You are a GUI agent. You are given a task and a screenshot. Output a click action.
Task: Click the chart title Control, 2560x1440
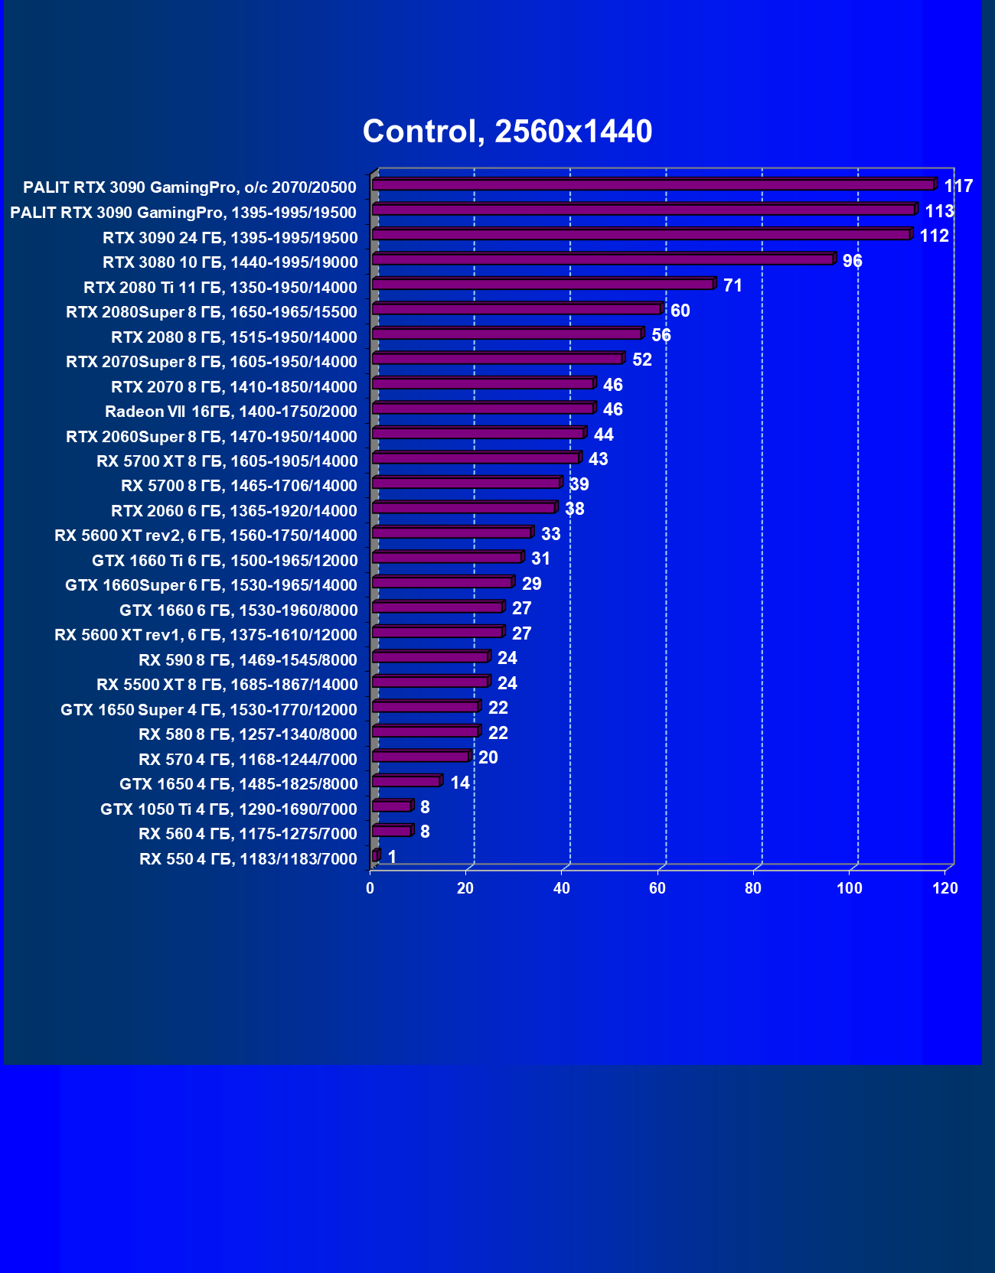[507, 132]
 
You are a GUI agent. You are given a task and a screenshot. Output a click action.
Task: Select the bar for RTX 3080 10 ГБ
[602, 259]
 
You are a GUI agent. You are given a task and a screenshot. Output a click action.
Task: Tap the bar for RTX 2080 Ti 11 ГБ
[543, 285]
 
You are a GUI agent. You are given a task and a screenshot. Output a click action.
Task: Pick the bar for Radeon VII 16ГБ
[483, 409]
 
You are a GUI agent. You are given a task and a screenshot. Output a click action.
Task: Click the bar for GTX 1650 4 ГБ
[406, 781]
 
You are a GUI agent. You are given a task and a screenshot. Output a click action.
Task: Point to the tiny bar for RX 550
[375, 856]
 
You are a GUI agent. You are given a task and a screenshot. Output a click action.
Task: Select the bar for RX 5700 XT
[475, 458]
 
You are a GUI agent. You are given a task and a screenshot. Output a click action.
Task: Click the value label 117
[958, 186]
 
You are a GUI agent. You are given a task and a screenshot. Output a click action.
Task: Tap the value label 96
[852, 261]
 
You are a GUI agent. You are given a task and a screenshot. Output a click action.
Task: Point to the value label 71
[732, 285]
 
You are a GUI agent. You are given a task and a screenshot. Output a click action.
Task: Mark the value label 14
[459, 783]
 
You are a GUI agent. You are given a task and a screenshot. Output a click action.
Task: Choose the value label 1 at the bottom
[392, 857]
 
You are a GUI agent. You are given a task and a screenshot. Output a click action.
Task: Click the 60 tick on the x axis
[657, 888]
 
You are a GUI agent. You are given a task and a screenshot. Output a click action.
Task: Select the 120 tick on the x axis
[945, 888]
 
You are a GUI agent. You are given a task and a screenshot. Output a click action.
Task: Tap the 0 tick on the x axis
[370, 888]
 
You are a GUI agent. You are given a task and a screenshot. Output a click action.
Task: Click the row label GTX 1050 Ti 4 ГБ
[229, 809]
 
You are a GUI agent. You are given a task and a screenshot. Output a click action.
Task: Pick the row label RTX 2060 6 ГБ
[234, 511]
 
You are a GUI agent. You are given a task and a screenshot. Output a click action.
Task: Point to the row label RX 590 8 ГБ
[248, 659]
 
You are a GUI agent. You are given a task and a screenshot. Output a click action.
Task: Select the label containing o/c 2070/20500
[190, 187]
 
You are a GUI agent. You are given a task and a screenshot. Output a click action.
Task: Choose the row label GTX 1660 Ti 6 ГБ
[225, 561]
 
